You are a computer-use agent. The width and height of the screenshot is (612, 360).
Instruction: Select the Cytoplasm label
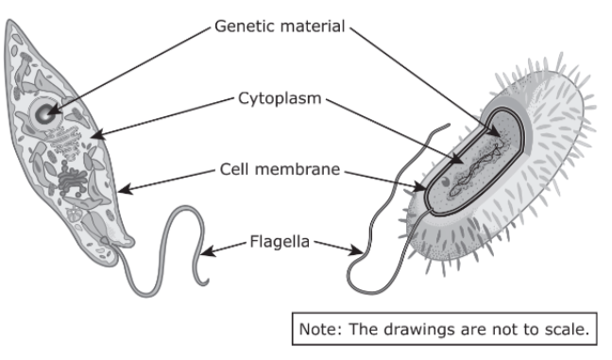pyautogui.click(x=280, y=99)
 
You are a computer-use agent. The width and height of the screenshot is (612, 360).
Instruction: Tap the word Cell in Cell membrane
pyautogui.click(x=234, y=169)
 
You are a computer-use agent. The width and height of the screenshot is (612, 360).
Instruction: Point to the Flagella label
pyautogui.click(x=280, y=241)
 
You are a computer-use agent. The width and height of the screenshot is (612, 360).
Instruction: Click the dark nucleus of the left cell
pyautogui.click(x=43, y=113)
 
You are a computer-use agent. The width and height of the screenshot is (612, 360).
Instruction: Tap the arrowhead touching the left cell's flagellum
pyautogui.click(x=208, y=251)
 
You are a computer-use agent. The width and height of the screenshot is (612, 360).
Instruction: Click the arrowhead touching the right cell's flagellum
pyautogui.click(x=356, y=249)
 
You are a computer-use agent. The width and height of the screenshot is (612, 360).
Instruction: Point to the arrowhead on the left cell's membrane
pyautogui.click(x=124, y=190)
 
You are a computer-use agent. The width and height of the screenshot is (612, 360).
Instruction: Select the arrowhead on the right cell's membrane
pyautogui.click(x=419, y=187)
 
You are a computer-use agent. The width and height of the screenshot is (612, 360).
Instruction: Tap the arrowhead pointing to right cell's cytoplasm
pyautogui.click(x=457, y=160)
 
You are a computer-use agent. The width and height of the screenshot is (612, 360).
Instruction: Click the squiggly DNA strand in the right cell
pyautogui.click(x=477, y=169)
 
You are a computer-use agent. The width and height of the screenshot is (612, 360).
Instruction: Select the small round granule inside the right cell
pyautogui.click(x=445, y=181)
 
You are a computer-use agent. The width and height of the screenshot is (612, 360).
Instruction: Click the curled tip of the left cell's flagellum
pyautogui.click(x=204, y=282)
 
